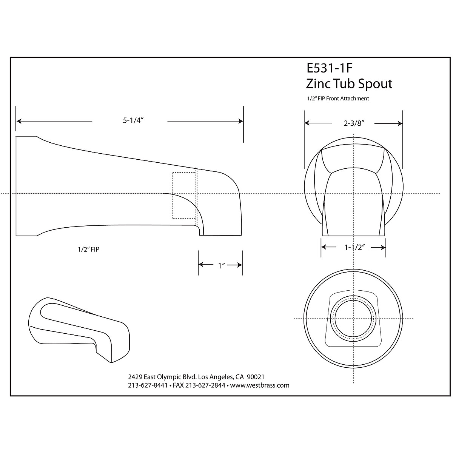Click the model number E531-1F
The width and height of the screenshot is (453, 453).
tap(330, 68)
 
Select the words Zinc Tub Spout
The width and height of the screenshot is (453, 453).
tap(349, 83)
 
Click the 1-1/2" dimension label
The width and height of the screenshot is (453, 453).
tap(353, 248)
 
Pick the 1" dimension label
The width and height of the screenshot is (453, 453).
tap(222, 265)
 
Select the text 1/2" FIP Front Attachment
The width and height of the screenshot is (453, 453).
tap(338, 99)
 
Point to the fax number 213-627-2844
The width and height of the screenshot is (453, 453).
tap(205, 385)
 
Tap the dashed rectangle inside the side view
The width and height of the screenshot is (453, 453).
tap(184, 195)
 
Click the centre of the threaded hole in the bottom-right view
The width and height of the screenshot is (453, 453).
tap(353, 318)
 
